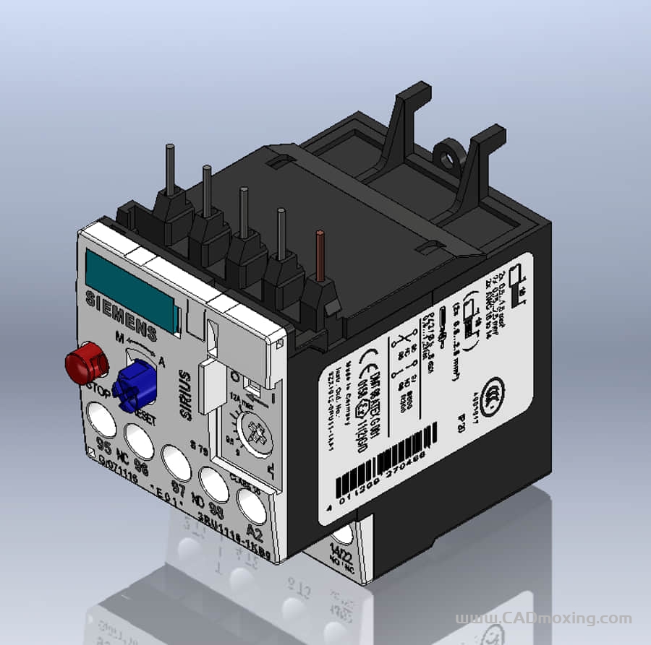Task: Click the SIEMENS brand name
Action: [121, 314]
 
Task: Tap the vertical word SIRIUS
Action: [187, 394]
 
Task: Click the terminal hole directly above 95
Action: [100, 417]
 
